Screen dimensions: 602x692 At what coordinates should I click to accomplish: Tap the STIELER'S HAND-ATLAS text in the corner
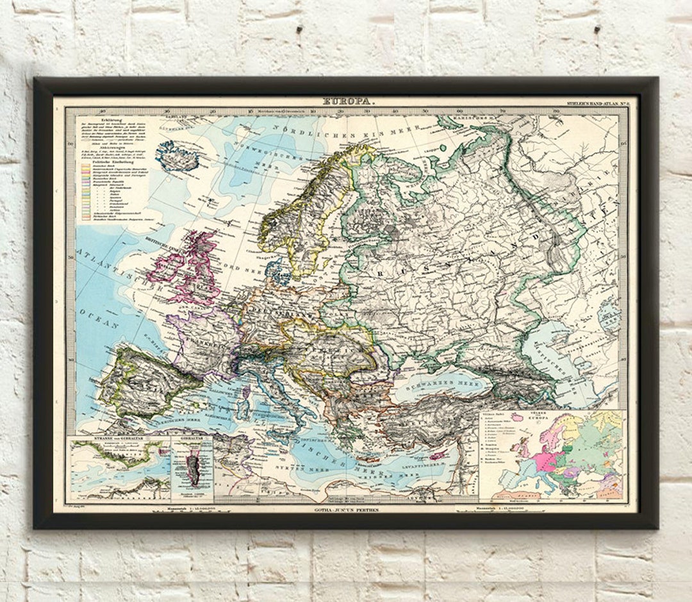[x=598, y=103]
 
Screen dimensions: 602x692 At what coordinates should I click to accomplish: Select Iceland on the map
[x=177, y=156]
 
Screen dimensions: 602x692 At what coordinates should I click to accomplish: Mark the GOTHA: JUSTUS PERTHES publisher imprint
[x=347, y=510]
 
